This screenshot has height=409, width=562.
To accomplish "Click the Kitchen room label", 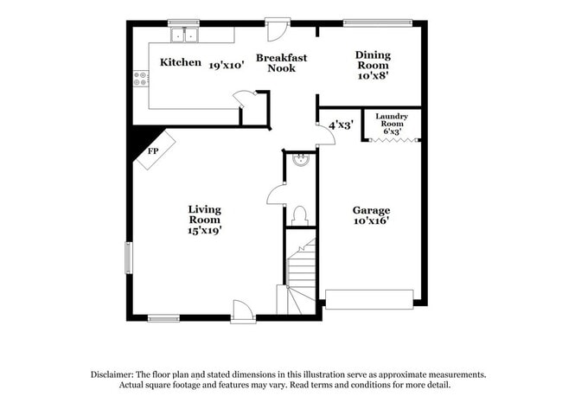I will click(x=181, y=63).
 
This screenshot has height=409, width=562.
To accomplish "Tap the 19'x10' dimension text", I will click(x=227, y=63).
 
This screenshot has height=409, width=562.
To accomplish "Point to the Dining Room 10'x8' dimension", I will click(x=373, y=75).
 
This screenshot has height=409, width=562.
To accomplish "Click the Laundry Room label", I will click(x=392, y=119).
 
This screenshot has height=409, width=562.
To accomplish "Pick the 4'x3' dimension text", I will click(x=341, y=125).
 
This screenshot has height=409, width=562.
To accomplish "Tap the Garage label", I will click(x=371, y=210).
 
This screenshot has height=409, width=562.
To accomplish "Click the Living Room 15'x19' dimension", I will click(x=205, y=231).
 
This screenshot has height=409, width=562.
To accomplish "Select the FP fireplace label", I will click(x=153, y=151).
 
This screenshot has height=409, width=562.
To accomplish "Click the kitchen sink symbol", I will click(x=184, y=35).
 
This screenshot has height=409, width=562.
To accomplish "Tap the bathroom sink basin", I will click(x=299, y=160).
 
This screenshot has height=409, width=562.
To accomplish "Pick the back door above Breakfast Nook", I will click(x=277, y=29).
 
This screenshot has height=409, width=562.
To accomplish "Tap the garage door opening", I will click(x=369, y=299).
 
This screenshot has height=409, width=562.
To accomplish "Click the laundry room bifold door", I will click(x=394, y=139).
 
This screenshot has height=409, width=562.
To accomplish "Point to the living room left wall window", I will click(x=129, y=257).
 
